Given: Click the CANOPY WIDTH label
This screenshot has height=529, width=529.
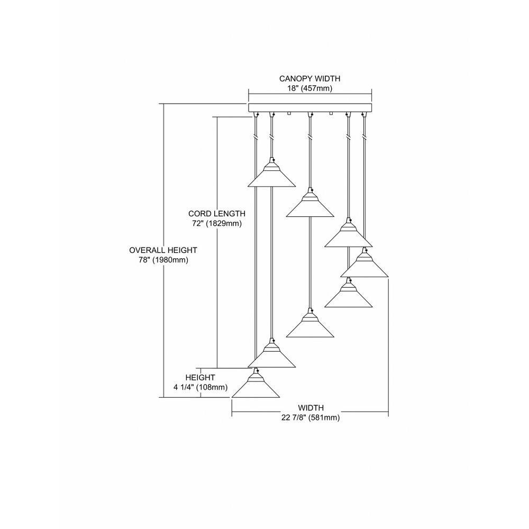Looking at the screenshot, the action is tap(309, 79).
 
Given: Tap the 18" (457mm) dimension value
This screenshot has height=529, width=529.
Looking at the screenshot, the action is tap(309, 88).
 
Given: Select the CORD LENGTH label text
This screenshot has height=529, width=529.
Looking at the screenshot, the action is tap(216, 214).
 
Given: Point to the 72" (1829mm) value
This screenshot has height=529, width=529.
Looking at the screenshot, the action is tap(216, 223).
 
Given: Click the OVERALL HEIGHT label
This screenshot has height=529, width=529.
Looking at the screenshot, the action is tap(163, 250).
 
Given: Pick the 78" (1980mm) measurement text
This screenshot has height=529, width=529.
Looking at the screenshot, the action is tap(163, 260).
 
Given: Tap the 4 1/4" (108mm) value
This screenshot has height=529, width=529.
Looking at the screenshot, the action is tap(200, 387).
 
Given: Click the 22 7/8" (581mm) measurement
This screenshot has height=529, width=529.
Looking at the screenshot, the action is tap(311, 418).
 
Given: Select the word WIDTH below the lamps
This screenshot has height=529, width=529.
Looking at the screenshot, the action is tap(311, 408).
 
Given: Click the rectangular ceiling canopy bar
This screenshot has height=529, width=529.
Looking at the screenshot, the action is tap(310, 107).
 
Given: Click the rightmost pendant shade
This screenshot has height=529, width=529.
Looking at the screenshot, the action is tap(364, 263).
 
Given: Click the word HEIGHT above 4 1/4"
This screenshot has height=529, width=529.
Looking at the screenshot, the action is tap(200, 378).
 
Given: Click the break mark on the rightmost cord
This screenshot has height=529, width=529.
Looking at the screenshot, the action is tap(364, 138).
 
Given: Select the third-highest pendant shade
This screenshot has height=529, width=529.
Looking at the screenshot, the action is tap(349, 233).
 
